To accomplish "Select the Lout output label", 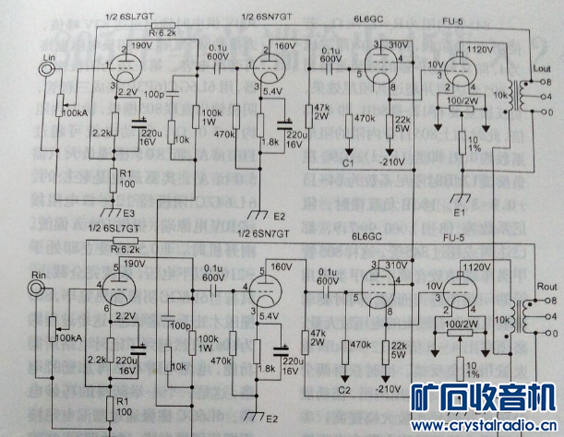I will tap(541, 68).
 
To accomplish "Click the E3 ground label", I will tap(128, 213).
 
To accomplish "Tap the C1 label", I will tap(349, 162).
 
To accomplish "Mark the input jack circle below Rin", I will tap(37, 289).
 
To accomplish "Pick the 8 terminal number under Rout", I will tap(552, 301).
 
